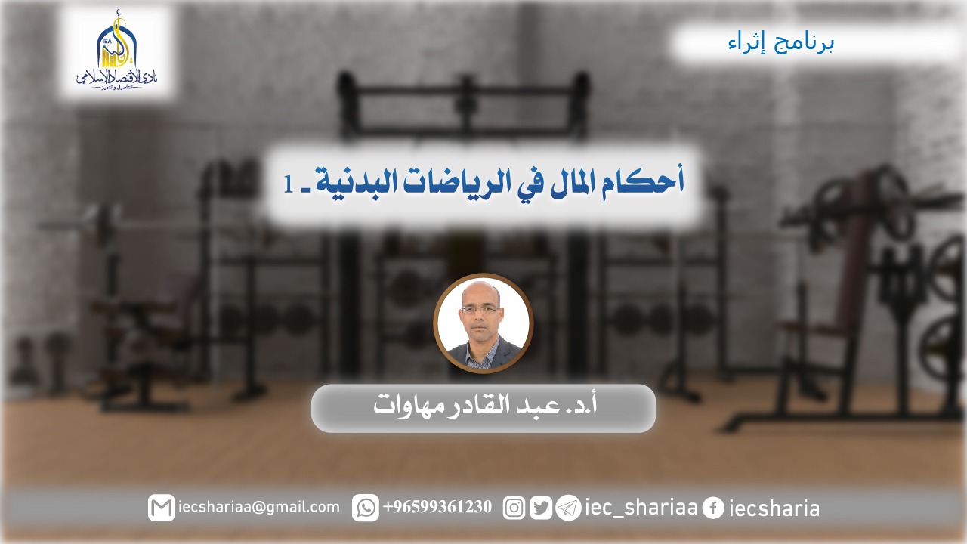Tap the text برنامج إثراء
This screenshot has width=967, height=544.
(x=781, y=44)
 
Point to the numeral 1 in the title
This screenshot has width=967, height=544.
(x=289, y=184)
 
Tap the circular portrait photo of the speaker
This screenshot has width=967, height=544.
(x=483, y=323)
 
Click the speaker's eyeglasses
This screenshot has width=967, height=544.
(x=480, y=309)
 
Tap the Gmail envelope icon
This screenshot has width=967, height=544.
(x=161, y=508)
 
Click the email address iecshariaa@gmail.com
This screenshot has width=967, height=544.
(x=259, y=507)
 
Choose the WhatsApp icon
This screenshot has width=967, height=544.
(x=365, y=508)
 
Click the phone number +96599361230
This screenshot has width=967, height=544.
(x=437, y=507)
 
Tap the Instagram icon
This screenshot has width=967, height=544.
(x=514, y=508)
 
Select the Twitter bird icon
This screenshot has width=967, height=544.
(x=541, y=508)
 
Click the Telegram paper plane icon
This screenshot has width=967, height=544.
(x=568, y=508)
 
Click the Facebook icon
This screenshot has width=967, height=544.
(x=712, y=508)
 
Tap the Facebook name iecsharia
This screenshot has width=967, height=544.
(x=774, y=508)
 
